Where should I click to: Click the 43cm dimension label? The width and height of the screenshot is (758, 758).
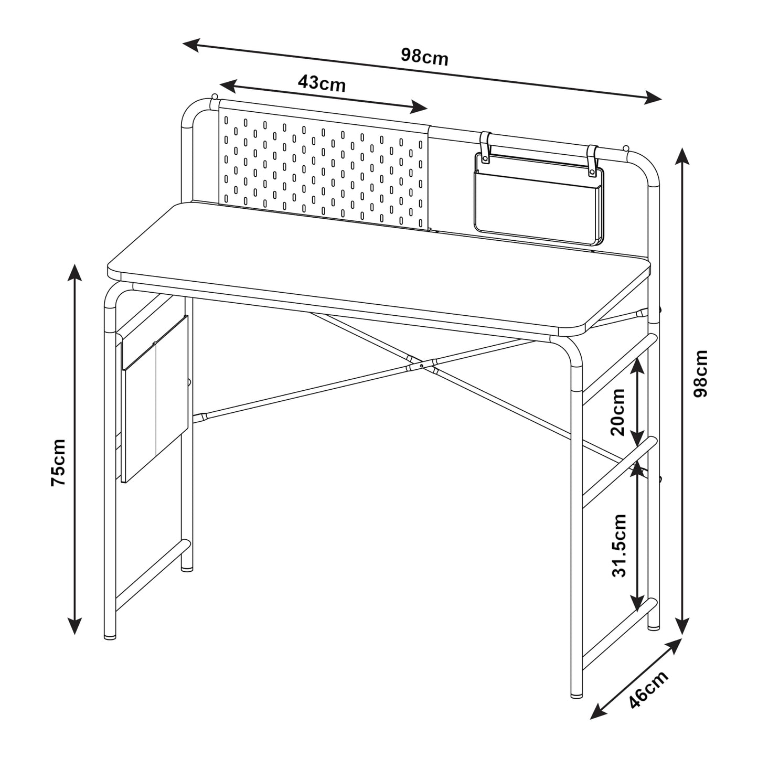322,83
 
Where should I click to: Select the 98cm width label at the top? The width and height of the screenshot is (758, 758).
424,57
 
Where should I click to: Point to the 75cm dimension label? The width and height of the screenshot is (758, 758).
58,463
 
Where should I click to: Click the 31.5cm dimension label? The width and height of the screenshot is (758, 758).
619,545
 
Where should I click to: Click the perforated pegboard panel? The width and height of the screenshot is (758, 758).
323,172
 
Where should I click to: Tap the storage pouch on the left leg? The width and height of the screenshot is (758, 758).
155,398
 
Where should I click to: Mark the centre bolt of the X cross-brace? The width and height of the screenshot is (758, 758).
421,366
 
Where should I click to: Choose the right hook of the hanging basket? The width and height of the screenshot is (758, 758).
592,160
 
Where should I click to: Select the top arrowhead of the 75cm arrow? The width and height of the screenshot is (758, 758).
74,273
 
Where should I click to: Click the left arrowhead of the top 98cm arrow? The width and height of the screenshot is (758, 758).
192,45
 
